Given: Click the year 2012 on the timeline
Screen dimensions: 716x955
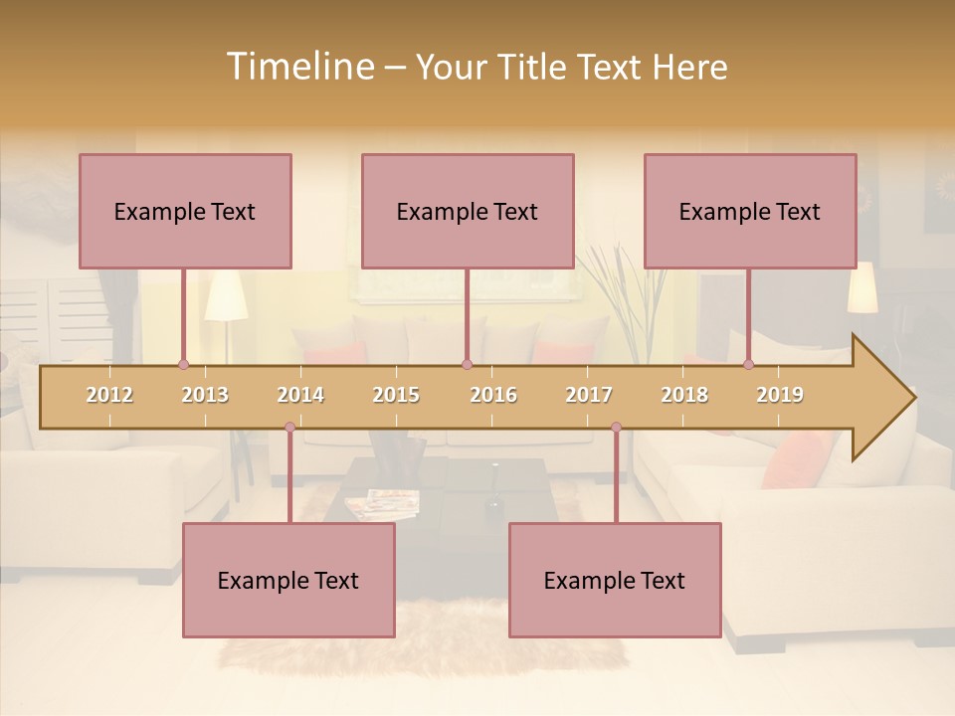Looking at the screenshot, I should click(109, 395).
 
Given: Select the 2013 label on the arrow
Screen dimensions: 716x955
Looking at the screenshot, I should click(205, 395).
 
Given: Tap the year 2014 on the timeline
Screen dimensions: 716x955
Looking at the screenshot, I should click(300, 395).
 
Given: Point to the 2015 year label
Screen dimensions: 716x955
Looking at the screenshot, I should click(396, 395).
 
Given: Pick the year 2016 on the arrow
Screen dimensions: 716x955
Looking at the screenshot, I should click(493, 395).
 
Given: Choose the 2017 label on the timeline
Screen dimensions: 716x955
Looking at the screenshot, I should click(589, 395).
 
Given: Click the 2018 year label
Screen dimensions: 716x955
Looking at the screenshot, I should click(684, 395).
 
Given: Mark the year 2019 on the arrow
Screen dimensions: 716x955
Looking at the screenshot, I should click(780, 395).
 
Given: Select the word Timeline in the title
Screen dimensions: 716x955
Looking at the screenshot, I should click(298, 67).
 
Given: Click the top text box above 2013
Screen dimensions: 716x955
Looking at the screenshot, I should click(185, 211).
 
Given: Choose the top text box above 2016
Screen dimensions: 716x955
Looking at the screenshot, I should click(468, 211).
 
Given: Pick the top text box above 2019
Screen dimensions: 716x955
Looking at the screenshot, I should click(750, 211).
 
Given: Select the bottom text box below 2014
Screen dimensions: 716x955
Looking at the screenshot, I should click(288, 580).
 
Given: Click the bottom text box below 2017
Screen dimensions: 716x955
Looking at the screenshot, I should click(615, 580).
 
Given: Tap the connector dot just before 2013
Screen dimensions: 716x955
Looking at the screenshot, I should click(183, 364).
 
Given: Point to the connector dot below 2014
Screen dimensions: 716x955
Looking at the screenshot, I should click(289, 428).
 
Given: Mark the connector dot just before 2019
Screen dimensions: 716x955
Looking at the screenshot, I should click(748, 364).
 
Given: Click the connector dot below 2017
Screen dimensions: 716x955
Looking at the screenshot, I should click(616, 428).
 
